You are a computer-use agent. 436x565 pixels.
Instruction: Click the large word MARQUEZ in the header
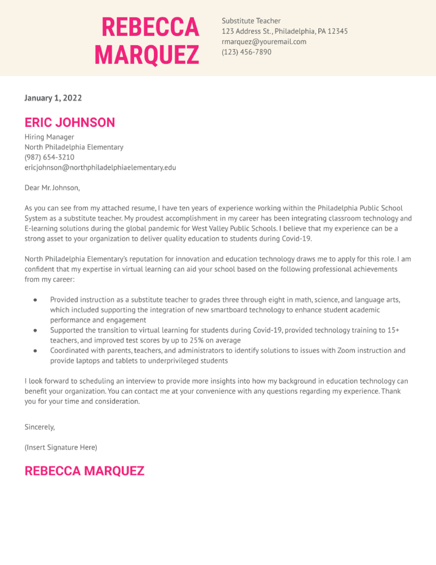pos(147,55)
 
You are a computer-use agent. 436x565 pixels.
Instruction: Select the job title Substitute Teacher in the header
pos(251,21)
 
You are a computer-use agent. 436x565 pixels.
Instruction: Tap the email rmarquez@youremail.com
pos(264,42)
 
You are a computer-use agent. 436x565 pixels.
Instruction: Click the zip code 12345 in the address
pos(337,31)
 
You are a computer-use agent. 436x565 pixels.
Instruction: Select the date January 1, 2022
pos(53,98)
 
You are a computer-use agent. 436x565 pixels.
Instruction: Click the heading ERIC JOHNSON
pos(70,122)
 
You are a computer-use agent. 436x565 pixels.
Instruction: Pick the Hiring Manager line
pos(49,137)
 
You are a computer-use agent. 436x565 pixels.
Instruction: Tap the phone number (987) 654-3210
pos(49,157)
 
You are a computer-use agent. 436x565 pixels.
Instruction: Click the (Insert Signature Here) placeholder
pos(61,448)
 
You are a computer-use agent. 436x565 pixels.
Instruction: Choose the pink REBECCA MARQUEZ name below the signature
pos(84,471)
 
